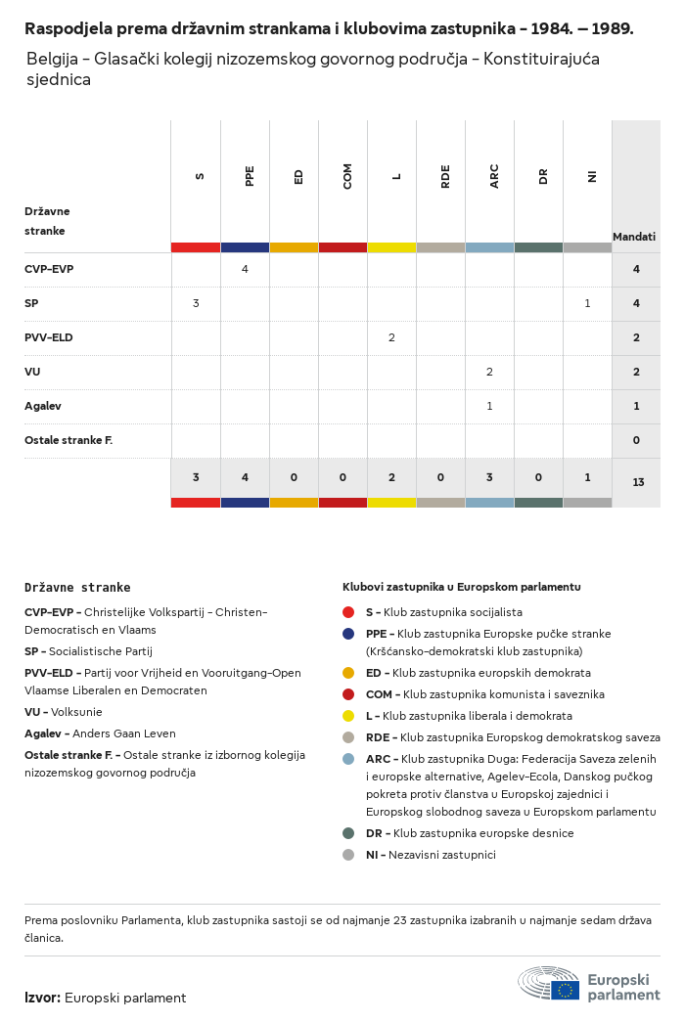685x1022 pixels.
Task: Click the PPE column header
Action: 250,176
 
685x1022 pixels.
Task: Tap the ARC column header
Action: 494,176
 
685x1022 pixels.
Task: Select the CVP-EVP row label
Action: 49,269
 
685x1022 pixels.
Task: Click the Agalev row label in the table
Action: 43,406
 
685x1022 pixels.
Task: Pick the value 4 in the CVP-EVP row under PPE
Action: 245,269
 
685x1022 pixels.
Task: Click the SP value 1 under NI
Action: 587,303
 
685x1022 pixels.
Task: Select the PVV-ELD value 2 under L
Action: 391,337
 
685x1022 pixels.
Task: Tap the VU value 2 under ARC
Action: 489,372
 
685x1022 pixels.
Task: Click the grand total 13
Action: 638,482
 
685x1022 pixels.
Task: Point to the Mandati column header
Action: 634,237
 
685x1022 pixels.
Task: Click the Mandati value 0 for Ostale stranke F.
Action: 636,440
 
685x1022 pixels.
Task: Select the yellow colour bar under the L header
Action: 391,247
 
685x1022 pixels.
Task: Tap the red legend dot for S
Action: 348,612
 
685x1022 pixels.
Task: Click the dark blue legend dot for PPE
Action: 348,634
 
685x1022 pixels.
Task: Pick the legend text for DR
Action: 470,833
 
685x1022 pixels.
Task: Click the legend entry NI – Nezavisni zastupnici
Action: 431,855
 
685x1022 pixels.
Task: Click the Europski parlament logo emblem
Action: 549,984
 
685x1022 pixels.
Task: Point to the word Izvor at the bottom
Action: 43,998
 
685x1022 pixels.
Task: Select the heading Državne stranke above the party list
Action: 77,587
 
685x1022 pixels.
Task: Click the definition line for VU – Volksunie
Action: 64,712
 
